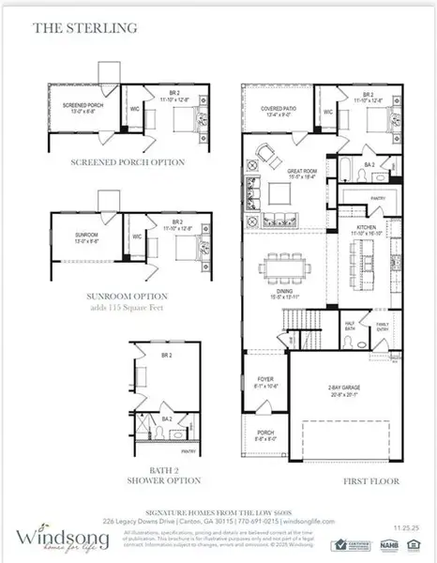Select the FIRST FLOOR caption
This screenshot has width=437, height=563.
tap(374, 480)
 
